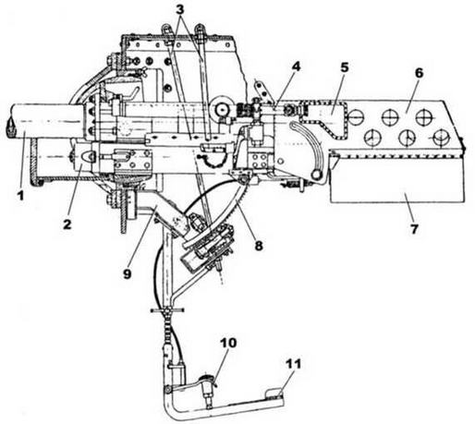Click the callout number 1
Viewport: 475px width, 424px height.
click(20, 196)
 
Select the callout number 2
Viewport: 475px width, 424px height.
click(67, 224)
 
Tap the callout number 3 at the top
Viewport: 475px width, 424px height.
click(180, 9)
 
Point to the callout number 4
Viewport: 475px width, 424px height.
click(296, 67)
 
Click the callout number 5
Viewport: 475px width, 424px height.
click(345, 67)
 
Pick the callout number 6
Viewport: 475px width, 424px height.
click(419, 73)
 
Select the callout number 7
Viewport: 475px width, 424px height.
click(413, 229)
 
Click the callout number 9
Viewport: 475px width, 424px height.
click(127, 273)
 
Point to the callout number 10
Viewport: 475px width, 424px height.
click(228, 343)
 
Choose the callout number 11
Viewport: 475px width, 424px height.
click(293, 364)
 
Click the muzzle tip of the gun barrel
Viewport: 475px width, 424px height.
click(10, 127)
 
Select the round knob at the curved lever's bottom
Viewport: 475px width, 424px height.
click(316, 175)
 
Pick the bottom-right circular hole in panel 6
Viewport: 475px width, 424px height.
click(441, 138)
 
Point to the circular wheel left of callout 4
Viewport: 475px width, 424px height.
click(223, 108)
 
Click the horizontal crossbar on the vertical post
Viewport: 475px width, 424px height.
click(167, 310)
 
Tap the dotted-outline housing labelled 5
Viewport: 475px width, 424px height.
click(324, 119)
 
